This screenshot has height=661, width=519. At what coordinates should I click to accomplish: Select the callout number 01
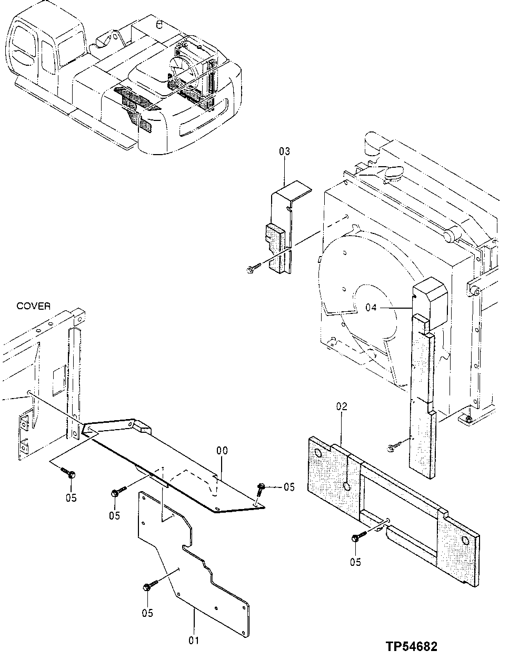194,640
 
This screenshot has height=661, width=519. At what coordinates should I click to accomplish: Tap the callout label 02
342,406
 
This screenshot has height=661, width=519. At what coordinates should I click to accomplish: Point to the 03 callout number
284,152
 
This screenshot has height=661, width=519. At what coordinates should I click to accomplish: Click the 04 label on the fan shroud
371,308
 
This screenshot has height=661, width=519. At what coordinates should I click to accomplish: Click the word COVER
34,306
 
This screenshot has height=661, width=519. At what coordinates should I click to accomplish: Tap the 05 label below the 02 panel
356,562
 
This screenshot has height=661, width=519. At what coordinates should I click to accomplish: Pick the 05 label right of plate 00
289,487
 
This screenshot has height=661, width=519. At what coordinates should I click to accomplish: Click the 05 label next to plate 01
147,613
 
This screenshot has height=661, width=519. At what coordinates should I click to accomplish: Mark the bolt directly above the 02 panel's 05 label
358,538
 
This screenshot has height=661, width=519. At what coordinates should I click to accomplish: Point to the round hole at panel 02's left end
318,454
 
